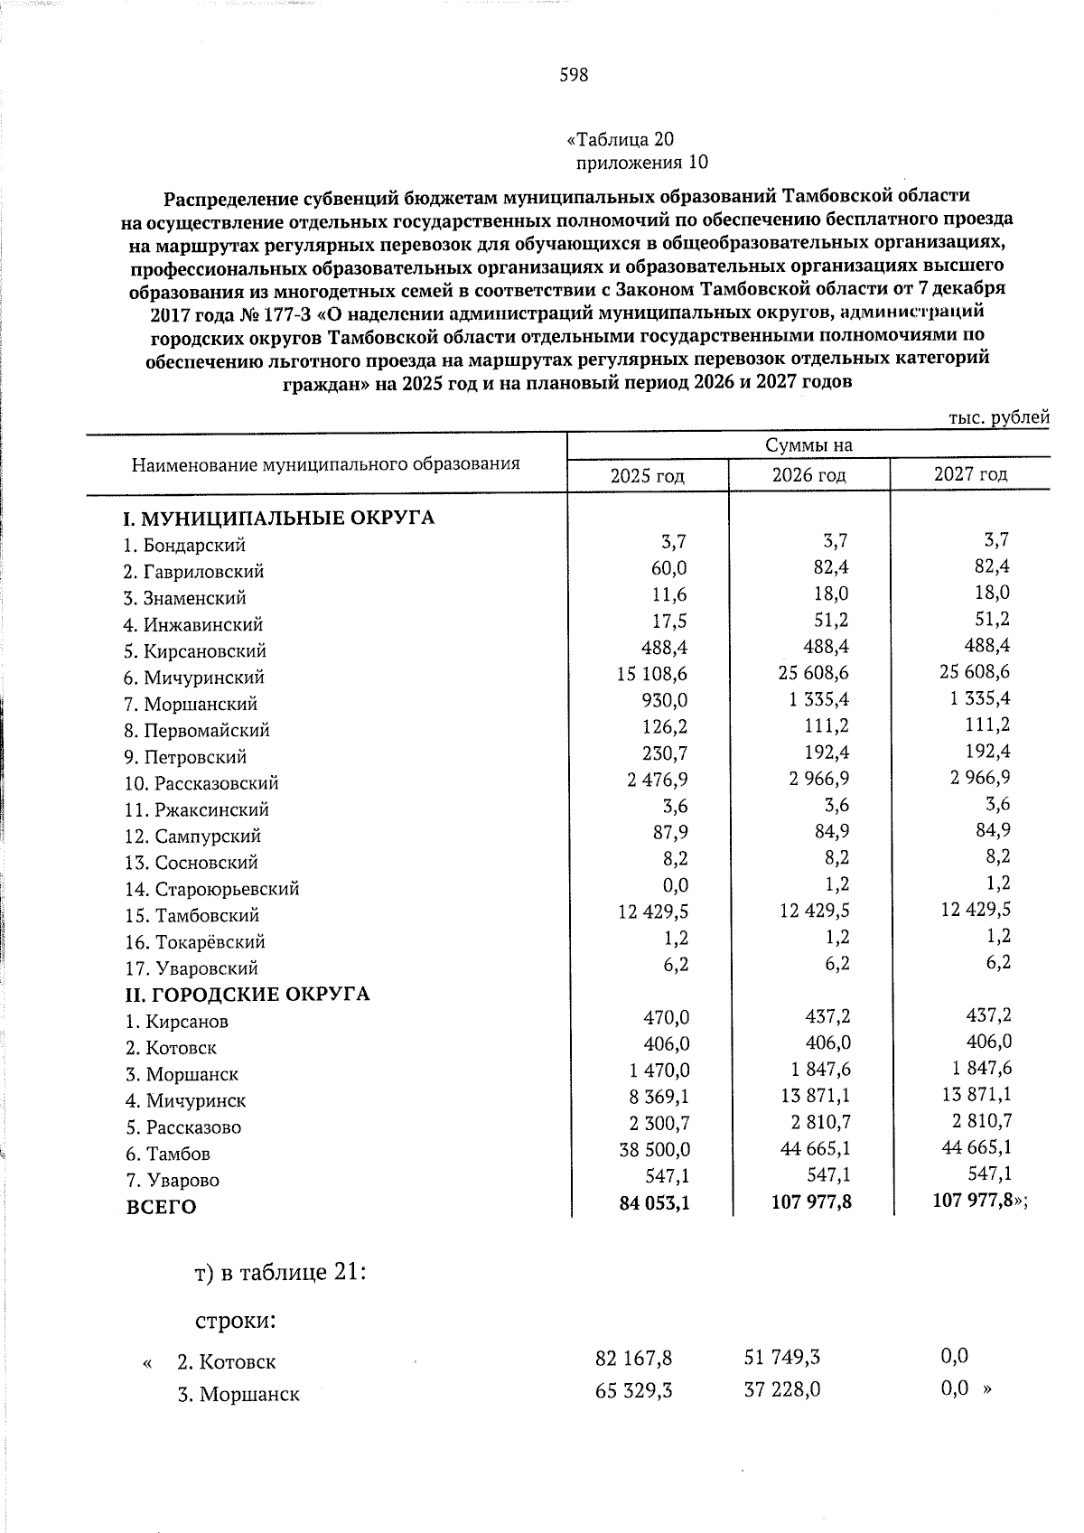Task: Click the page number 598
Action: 574,75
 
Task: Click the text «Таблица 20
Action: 620,139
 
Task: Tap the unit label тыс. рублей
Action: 998,417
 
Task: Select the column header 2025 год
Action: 647,475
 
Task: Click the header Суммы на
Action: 808,445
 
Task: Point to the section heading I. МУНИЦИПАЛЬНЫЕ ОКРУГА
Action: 279,519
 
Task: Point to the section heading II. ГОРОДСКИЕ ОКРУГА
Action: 248,995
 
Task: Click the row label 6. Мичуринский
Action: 194,678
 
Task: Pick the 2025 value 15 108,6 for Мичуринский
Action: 652,674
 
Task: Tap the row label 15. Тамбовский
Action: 192,916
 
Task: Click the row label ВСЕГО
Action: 160,1207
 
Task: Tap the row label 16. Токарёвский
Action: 194,942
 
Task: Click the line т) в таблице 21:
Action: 280,1273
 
